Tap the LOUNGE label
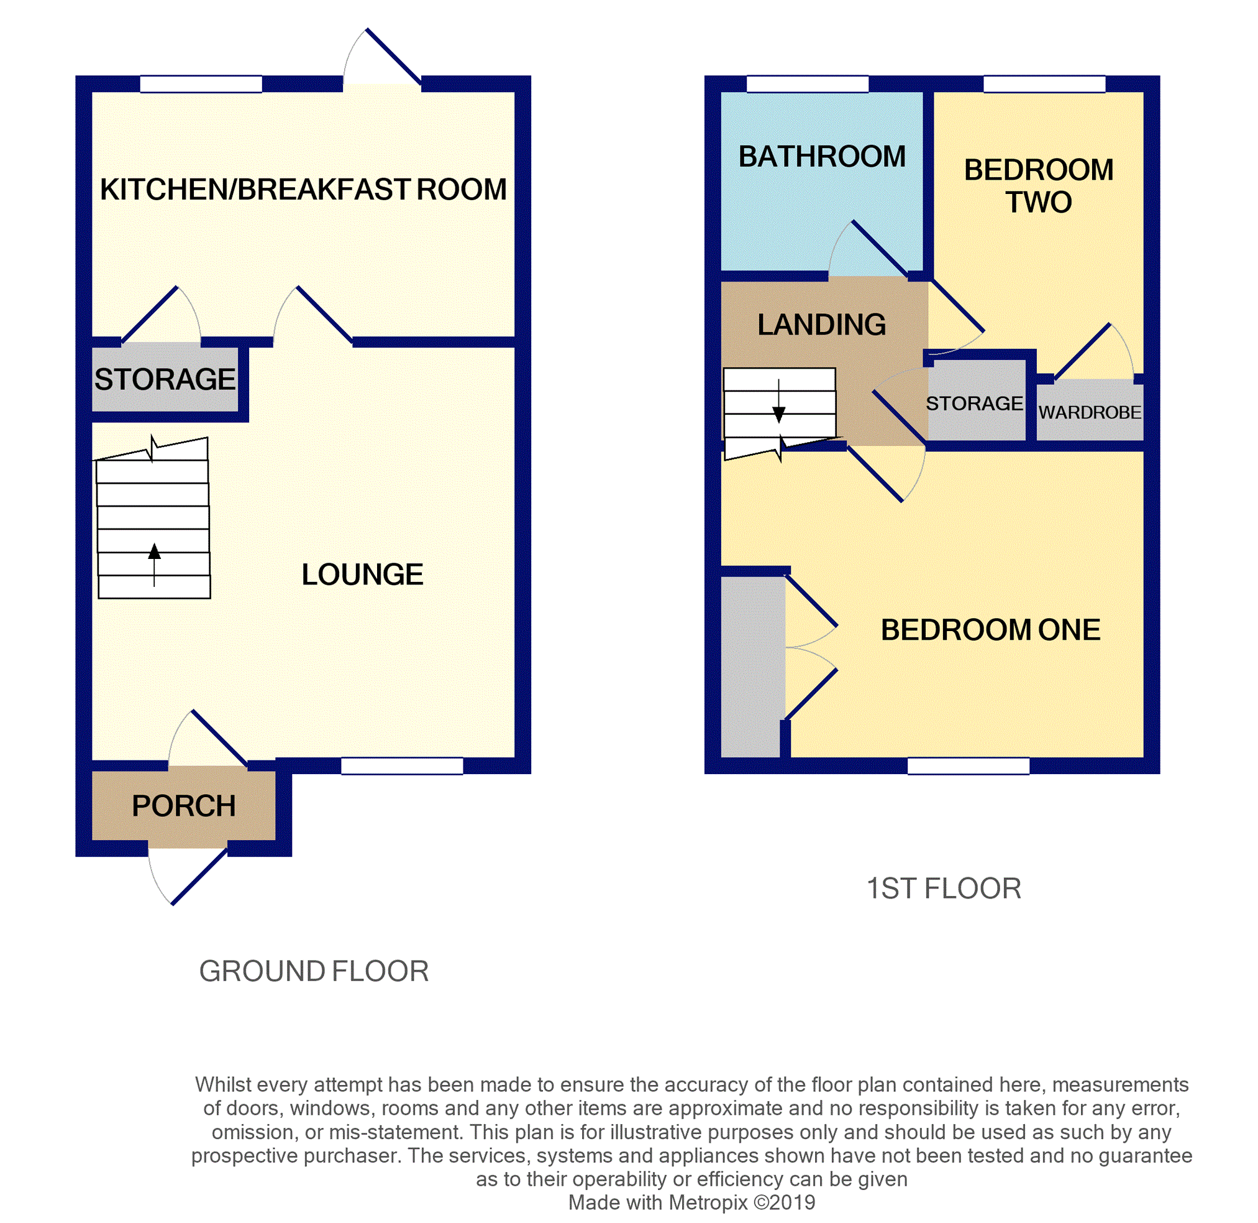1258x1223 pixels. tap(362, 575)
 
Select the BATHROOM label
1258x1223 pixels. tap(821, 157)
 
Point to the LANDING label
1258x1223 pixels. tap(821, 325)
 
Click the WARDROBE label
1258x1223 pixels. tap(1089, 412)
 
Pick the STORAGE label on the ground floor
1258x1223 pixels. tap(165, 379)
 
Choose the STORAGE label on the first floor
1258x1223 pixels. tap(973, 404)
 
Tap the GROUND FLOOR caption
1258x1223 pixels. tap(313, 971)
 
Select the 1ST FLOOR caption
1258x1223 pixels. tap(943, 889)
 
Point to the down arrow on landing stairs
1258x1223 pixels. tap(778, 414)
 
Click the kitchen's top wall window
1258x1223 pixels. tap(201, 84)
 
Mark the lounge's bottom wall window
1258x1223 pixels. tap(402, 765)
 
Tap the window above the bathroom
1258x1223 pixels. tap(808, 84)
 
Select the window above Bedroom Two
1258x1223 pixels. tap(1044, 84)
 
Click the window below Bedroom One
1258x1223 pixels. tap(968, 765)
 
